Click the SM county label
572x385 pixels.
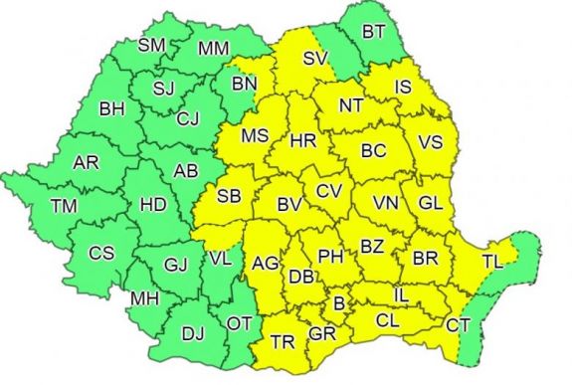(152, 45)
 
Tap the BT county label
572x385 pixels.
(373, 32)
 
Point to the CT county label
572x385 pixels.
(458, 324)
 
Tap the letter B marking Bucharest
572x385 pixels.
(338, 301)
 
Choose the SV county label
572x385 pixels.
(314, 58)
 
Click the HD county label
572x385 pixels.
(152, 205)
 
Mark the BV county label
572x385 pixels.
(288, 206)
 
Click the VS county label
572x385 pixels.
(430, 142)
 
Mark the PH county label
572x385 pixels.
(330, 256)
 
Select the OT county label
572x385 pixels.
(239, 322)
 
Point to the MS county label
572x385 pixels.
(256, 135)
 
